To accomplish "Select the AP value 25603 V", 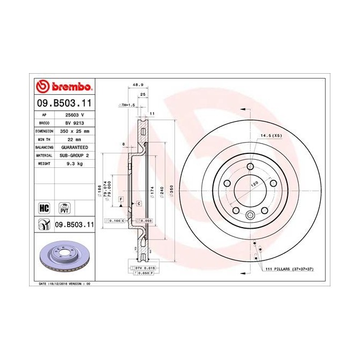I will pos(74,115).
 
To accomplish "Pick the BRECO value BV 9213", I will pos(74,123).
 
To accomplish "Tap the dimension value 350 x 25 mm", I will pos(74,131).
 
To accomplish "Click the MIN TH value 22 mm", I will pos(74,139).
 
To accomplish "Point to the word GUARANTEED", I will pos(74,147).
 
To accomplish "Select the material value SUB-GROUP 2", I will pos(74,155).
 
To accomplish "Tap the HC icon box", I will pos(45,207).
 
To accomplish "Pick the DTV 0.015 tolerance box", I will pos(142,267).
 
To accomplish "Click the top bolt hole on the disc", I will pos(250,166).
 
